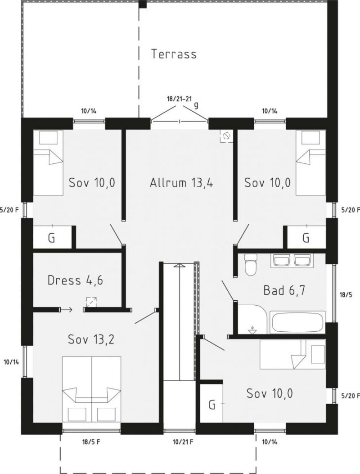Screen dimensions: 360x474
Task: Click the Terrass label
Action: click(174, 54)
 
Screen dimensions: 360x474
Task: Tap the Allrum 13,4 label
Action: click(181, 183)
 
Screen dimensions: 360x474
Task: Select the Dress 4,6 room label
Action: click(75, 280)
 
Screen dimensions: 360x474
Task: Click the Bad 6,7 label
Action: click(284, 290)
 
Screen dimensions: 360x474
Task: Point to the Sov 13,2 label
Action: click(91, 339)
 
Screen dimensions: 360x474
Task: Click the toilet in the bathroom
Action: click(250, 265)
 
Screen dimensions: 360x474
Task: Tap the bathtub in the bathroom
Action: click(298, 322)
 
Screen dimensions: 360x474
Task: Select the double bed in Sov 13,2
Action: click(92, 389)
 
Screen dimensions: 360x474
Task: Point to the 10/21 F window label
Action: click(183, 442)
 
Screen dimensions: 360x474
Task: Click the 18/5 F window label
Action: click(91, 442)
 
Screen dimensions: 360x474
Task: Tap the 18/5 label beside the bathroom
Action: click(345, 294)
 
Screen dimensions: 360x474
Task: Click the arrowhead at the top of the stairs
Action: click(179, 266)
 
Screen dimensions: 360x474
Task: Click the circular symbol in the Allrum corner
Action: click(226, 137)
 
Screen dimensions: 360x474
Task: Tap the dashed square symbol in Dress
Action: click(92, 302)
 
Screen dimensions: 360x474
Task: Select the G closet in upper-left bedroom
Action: click(52, 238)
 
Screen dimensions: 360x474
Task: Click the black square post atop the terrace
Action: click(143, 4)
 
